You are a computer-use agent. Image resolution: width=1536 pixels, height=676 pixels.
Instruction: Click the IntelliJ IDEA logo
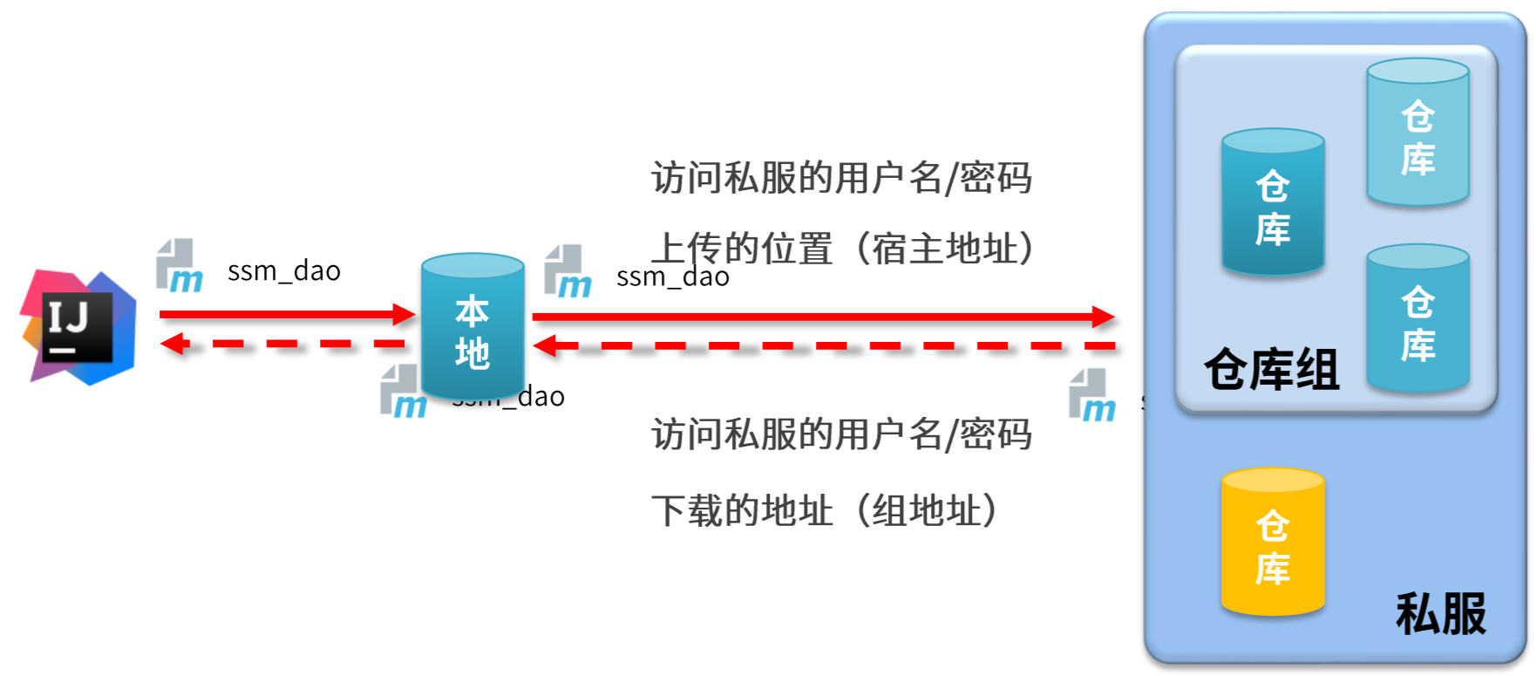(x=78, y=327)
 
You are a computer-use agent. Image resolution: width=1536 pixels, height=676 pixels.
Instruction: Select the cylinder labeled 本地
(x=472, y=327)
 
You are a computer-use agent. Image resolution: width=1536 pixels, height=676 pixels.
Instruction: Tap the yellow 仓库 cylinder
(x=1273, y=543)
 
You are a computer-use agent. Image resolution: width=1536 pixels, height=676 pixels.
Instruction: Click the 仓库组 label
(x=1271, y=370)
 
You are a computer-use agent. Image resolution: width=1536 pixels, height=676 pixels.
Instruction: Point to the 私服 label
(x=1440, y=614)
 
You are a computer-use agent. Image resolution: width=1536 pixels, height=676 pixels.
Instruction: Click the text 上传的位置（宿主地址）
(x=842, y=249)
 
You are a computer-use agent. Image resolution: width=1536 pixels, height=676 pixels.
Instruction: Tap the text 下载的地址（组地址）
(x=824, y=510)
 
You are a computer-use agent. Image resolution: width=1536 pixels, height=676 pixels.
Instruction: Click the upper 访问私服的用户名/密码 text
(x=841, y=178)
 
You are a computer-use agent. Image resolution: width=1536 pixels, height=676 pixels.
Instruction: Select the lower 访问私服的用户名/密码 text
(x=841, y=434)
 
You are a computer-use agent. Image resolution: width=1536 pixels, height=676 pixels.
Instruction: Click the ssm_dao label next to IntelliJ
(x=284, y=271)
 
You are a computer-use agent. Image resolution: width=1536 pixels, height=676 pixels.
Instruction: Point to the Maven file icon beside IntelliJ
(x=179, y=266)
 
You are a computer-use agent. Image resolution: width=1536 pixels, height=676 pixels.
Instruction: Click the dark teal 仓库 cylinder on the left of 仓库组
(x=1273, y=203)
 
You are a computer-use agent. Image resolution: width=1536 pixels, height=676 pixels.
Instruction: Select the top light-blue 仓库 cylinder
(x=1417, y=133)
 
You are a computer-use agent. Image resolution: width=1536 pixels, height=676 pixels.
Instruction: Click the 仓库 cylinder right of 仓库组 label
(x=1417, y=318)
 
